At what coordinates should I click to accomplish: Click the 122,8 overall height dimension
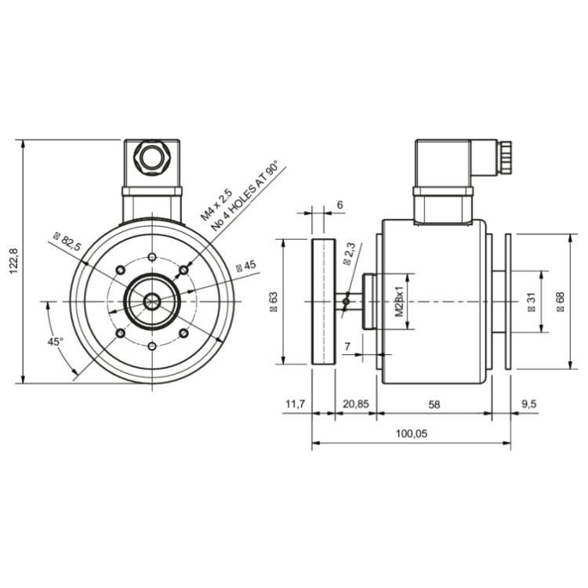tap(12, 262)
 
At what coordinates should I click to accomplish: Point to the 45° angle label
tap(55, 342)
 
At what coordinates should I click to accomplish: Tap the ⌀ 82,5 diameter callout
tap(68, 242)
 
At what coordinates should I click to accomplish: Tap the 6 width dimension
tap(339, 205)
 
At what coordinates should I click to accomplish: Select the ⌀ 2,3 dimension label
tap(350, 256)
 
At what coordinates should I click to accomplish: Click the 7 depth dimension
tap(347, 346)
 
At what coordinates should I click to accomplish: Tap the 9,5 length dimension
tap(528, 404)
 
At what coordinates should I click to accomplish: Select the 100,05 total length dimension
tap(411, 434)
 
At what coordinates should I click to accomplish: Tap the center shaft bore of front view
tap(151, 301)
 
